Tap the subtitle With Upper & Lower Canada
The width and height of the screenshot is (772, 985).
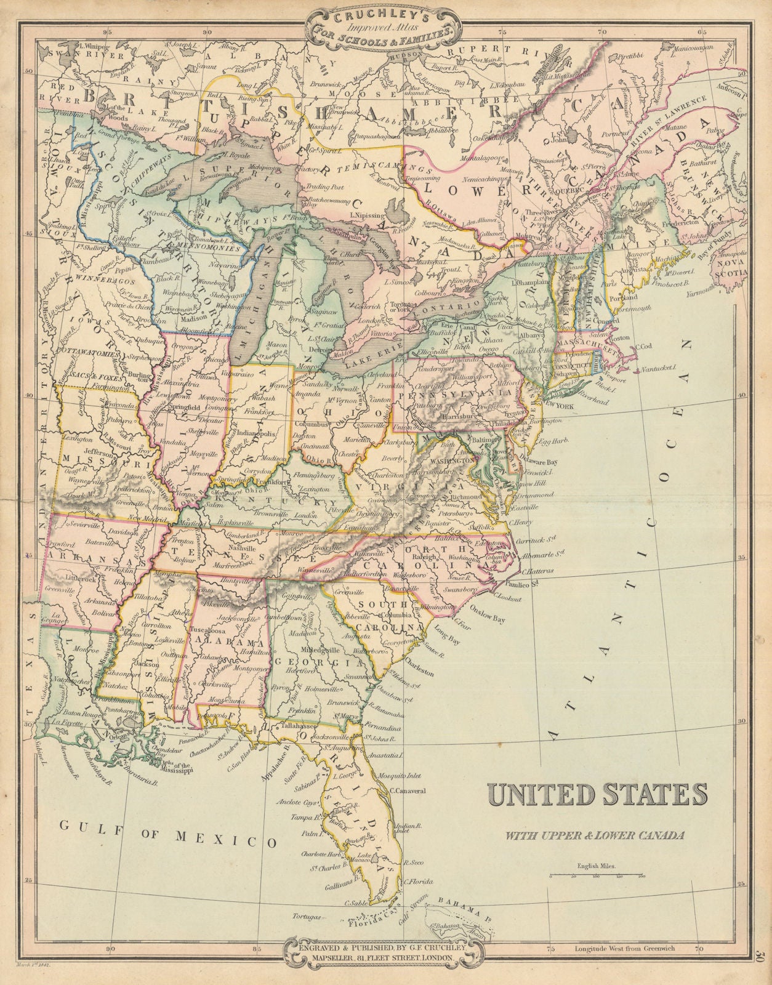click(595, 835)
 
